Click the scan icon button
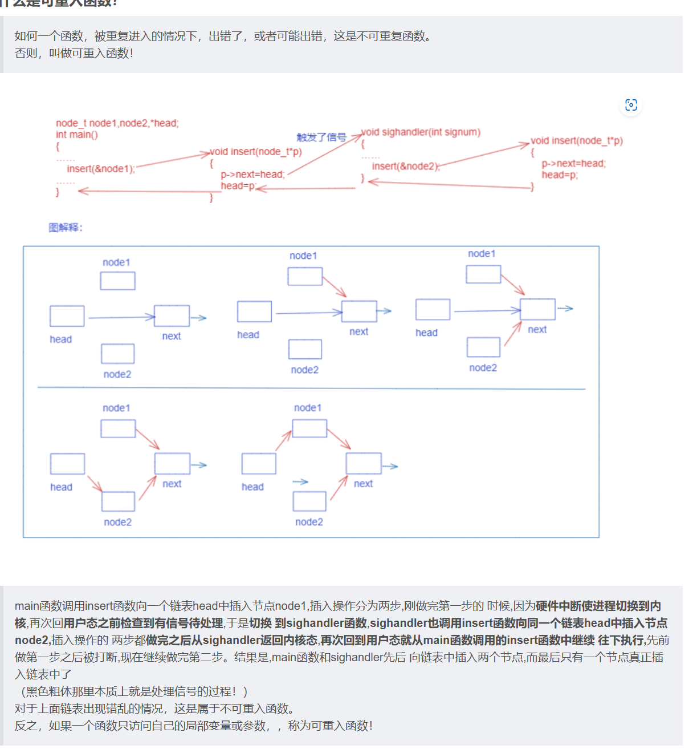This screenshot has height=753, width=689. point(631,105)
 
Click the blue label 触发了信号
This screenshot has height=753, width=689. point(321,137)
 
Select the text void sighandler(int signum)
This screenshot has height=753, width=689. point(421,132)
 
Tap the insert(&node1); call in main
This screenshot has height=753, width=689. point(101,169)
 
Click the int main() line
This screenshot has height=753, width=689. point(77,135)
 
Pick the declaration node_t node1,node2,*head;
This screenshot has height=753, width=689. point(117,123)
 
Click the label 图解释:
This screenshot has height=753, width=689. point(66,228)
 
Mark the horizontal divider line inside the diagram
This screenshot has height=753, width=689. point(311,388)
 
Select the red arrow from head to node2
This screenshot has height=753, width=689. point(95,483)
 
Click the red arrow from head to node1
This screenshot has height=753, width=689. point(283,441)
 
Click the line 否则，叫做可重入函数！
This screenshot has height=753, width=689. point(74,54)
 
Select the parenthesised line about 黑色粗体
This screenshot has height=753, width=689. point(131,691)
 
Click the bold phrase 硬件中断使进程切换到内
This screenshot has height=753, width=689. point(598,606)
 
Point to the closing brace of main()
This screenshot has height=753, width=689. point(58,192)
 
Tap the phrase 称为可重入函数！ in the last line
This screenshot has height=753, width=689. point(331,726)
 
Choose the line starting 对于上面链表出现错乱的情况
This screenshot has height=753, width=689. point(154,709)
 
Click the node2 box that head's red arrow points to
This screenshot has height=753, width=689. point(118,501)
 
